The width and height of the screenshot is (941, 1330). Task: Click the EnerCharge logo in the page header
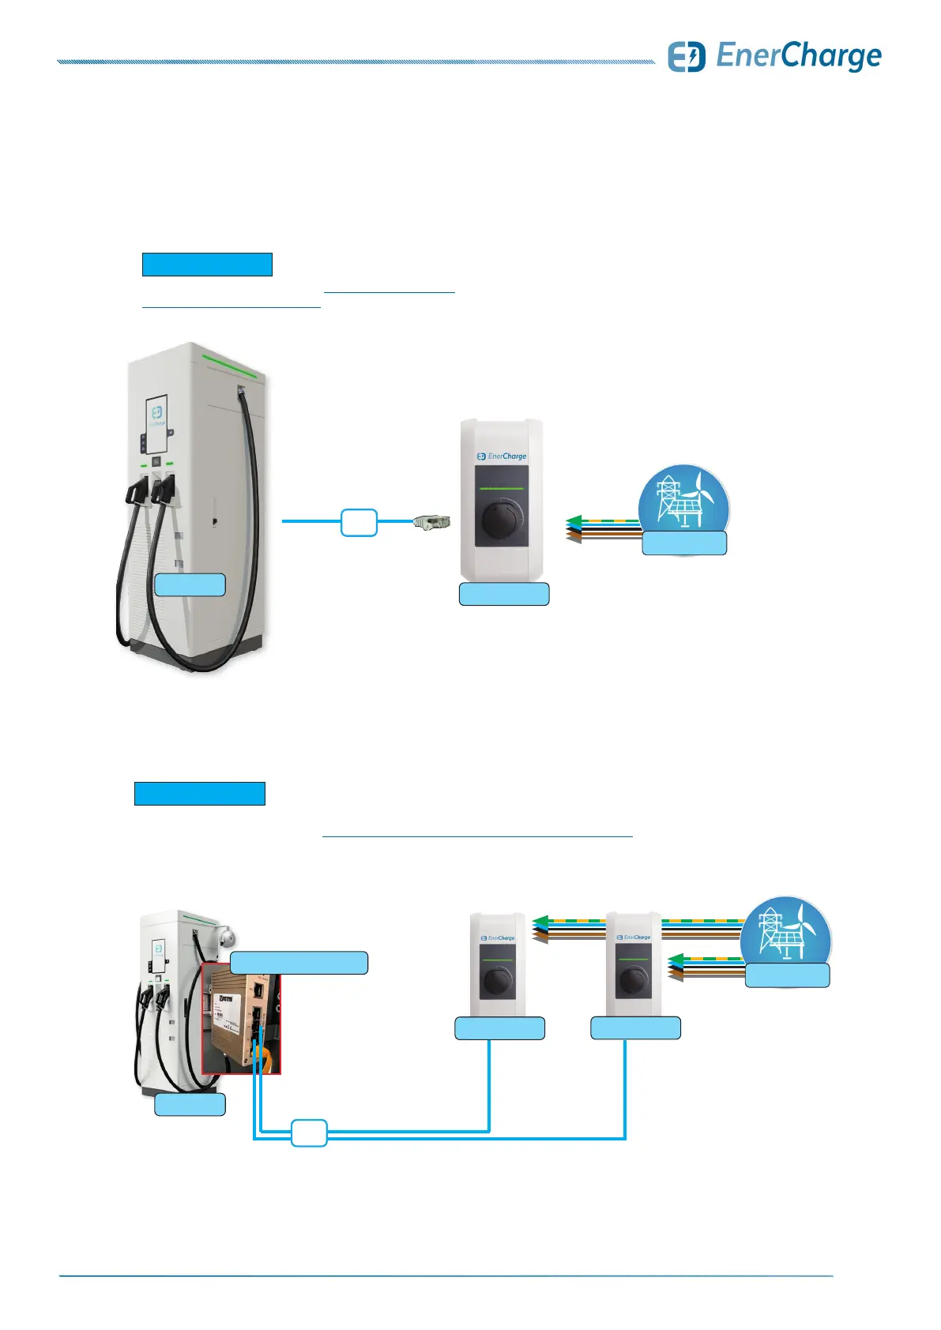(x=774, y=57)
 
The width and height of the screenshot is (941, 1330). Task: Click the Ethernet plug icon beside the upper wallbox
(x=432, y=522)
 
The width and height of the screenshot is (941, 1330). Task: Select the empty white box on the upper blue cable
(x=359, y=523)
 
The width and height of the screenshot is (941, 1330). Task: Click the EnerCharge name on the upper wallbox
(x=506, y=456)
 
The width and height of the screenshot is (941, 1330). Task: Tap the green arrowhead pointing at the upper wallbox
(x=574, y=520)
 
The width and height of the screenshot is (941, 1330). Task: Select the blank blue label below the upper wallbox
(x=504, y=594)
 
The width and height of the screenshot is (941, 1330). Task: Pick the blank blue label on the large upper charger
(x=190, y=584)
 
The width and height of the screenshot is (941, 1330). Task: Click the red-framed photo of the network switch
(x=241, y=1019)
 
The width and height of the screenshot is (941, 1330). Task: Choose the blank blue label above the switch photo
(x=299, y=963)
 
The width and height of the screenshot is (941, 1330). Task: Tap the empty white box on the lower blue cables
(x=309, y=1133)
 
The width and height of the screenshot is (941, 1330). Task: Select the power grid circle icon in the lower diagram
(x=785, y=936)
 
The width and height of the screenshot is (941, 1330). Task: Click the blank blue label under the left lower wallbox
(x=499, y=1028)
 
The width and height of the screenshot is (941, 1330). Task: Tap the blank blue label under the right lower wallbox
(x=635, y=1028)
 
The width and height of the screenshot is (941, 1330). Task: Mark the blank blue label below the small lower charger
(x=190, y=1104)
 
